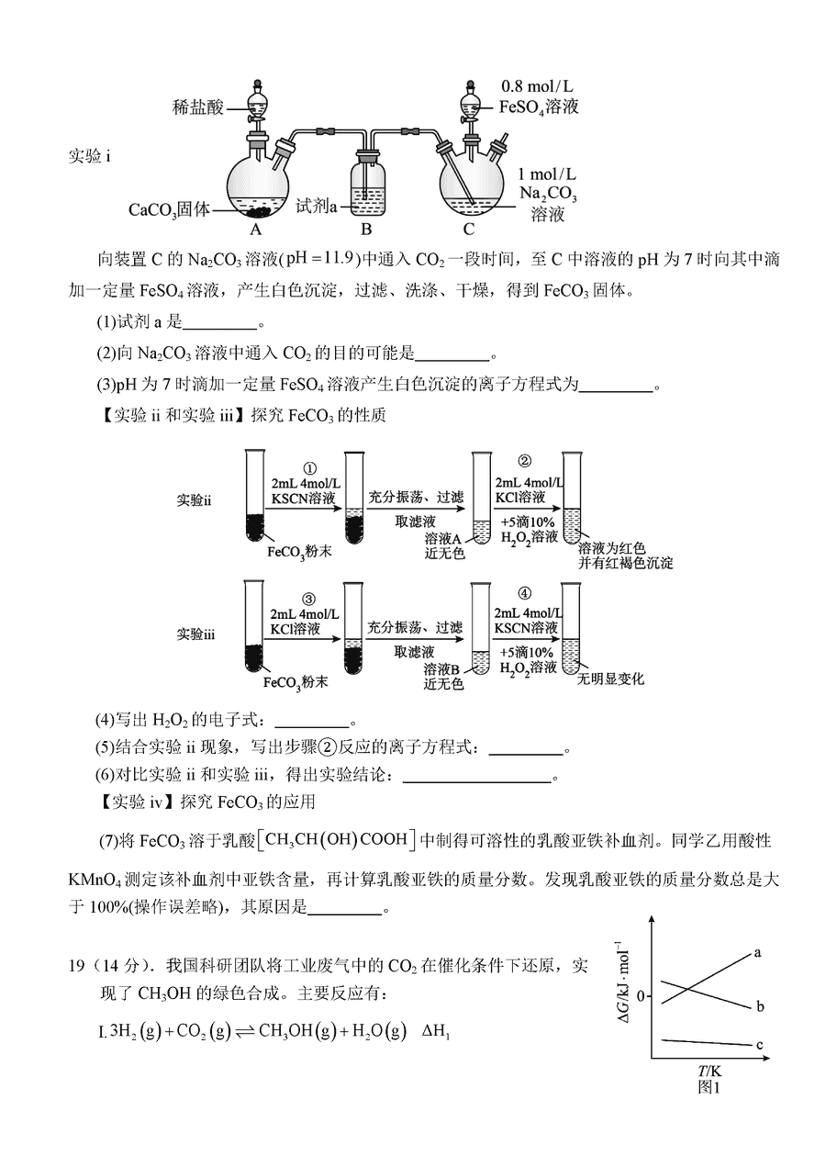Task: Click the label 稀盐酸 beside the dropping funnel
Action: tap(198, 107)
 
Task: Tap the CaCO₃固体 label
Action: tap(169, 210)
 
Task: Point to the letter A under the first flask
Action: tap(255, 230)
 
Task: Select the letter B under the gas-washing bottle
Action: tap(366, 230)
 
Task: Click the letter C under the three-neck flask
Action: tap(469, 230)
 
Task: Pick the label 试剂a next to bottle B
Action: tap(316, 207)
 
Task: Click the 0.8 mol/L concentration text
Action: tap(537, 86)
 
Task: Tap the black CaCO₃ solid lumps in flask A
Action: tap(257, 211)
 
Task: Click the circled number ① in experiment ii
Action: tap(310, 469)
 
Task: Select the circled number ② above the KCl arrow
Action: tap(524, 462)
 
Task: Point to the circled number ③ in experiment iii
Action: tap(309, 600)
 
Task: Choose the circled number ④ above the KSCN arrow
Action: tap(524, 594)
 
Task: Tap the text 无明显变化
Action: tap(610, 679)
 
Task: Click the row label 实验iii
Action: tap(195, 634)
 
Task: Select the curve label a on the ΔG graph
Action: tap(757, 953)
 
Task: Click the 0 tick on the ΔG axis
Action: tap(641, 996)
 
